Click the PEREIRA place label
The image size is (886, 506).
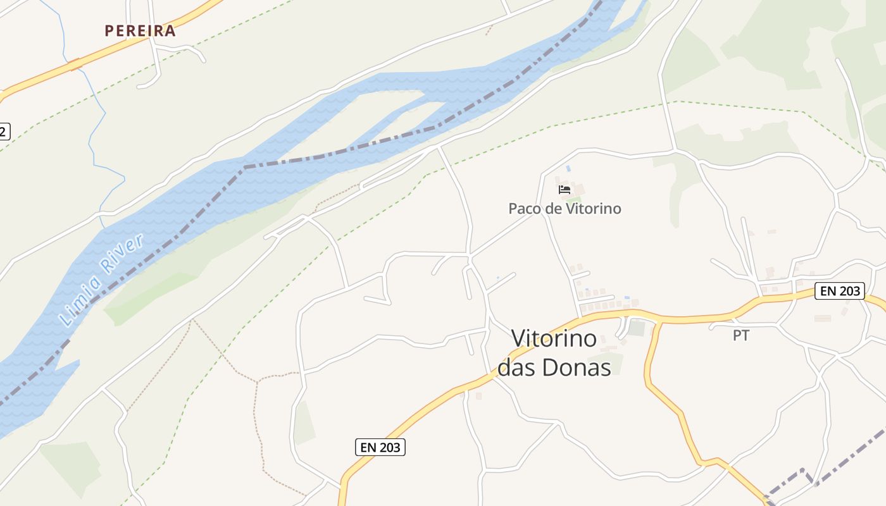[x=140, y=30]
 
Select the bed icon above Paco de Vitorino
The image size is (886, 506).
[x=565, y=189]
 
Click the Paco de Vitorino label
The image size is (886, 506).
[x=565, y=208]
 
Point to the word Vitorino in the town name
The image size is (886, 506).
[x=554, y=338]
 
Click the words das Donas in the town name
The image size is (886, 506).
[x=554, y=367]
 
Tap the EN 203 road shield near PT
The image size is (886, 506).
[x=839, y=291]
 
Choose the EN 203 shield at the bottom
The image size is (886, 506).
[x=380, y=447]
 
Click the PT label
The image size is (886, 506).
[x=741, y=336]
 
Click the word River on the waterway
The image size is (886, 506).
[x=124, y=254]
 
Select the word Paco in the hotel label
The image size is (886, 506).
[x=525, y=208]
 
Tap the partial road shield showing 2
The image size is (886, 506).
[x=4, y=132]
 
